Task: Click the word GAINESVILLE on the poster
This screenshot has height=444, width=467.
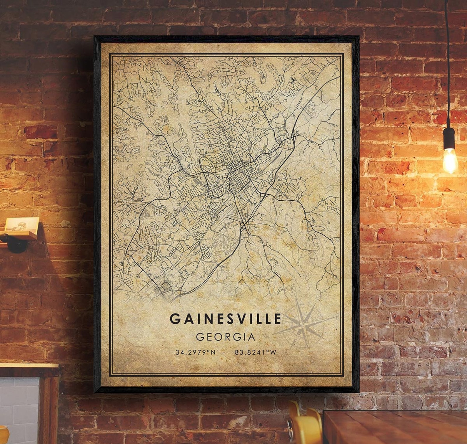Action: point(225,318)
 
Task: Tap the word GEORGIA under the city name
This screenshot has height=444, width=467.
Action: point(225,337)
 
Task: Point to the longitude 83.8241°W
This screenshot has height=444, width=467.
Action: point(256,352)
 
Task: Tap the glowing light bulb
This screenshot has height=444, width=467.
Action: point(450,159)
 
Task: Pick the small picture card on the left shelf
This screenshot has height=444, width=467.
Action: point(22,225)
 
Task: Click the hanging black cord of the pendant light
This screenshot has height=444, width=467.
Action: point(447,59)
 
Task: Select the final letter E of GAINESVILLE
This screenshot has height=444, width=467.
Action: point(277,318)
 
